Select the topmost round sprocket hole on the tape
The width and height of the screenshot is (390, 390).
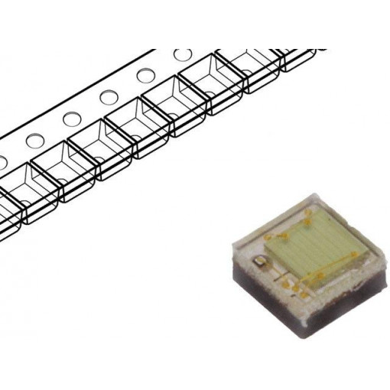(x=183, y=55)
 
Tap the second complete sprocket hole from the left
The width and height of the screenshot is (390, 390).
(x=72, y=119)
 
